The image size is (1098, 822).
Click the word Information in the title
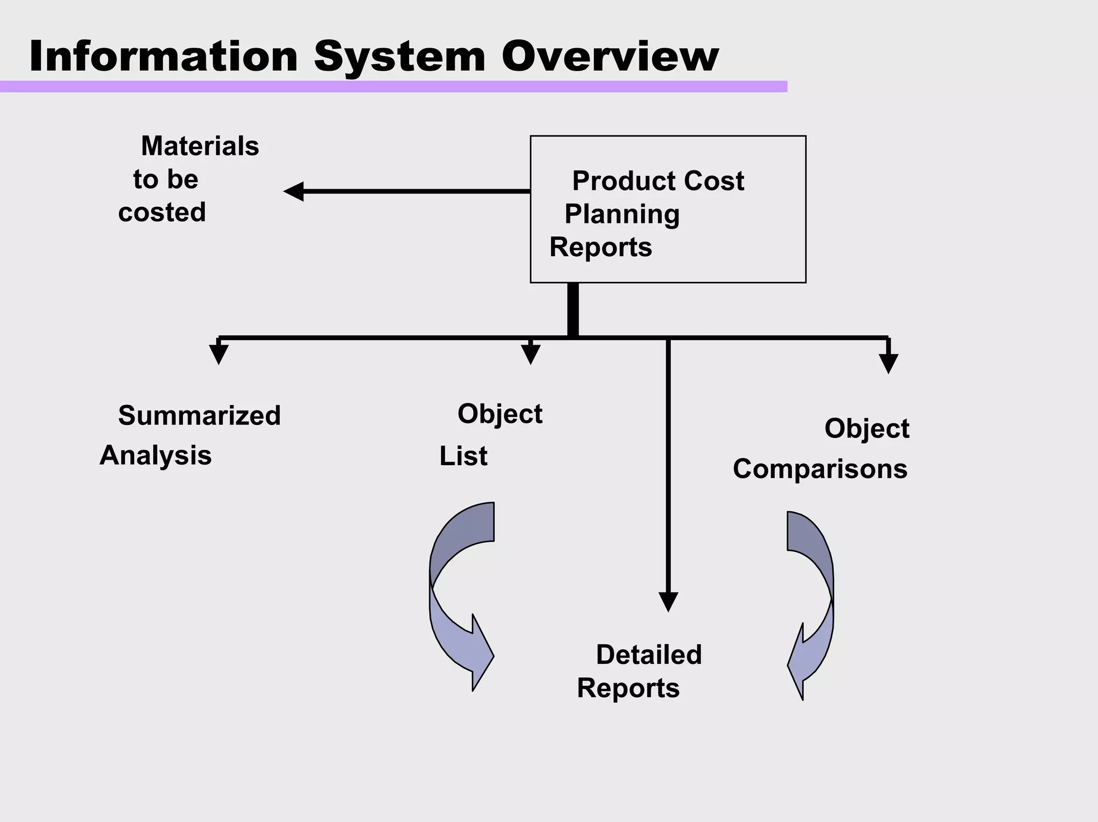tap(164, 56)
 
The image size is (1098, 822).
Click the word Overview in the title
tap(610, 56)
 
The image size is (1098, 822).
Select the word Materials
tap(200, 146)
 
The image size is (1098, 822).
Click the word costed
tap(162, 212)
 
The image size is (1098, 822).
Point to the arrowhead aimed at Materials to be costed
tap(294, 191)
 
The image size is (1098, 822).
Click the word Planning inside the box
tap(622, 214)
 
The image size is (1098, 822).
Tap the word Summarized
tap(199, 415)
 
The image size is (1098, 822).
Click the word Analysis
tap(155, 455)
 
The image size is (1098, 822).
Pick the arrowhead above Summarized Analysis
tap(219, 354)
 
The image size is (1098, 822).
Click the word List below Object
tap(463, 457)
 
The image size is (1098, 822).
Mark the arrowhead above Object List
tap(530, 354)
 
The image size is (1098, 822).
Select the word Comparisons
tap(820, 469)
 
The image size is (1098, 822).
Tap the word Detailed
tap(649, 655)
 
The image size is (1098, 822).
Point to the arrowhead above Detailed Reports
tap(668, 601)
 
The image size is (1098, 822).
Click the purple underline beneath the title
tap(393, 87)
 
